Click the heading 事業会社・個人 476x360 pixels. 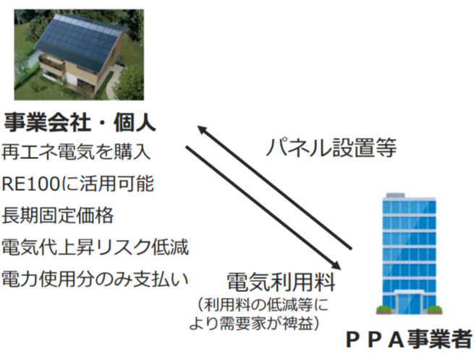coord(80,122)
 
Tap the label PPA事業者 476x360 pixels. coord(409,338)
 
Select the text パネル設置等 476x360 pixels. coord(331,147)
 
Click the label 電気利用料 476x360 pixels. coord(281,282)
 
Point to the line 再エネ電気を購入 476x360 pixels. coord(76,151)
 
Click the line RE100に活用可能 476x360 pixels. coord(77,184)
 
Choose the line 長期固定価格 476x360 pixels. coord(58,215)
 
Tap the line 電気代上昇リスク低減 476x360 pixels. coord(95,247)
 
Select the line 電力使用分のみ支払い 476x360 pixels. coord(95,279)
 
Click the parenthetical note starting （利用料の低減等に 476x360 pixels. coord(258,314)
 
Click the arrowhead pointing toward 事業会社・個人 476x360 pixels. coord(203,129)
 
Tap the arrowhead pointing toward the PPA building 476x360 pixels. coord(336,265)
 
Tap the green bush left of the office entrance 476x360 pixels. coord(385,309)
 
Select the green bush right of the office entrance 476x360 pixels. coord(434,309)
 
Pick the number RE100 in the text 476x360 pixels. coord(31,184)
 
